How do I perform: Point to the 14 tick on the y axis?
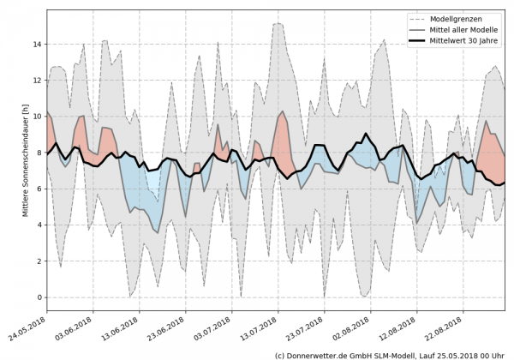[38, 44]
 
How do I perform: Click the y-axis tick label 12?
[38, 80]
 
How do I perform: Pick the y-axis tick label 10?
[38, 117]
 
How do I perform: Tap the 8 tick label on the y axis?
[39, 153]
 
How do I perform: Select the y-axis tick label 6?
[39, 189]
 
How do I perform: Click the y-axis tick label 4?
[39, 225]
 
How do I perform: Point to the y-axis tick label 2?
[39, 261]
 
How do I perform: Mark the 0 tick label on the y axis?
[39, 297]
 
